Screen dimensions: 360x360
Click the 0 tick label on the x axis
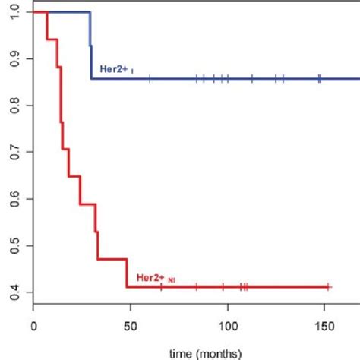[33, 325]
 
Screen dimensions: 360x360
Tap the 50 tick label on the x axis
[131, 325]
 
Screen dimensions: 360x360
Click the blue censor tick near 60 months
[150, 78]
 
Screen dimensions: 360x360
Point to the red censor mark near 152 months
[328, 286]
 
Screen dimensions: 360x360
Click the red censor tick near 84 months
[196, 286]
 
